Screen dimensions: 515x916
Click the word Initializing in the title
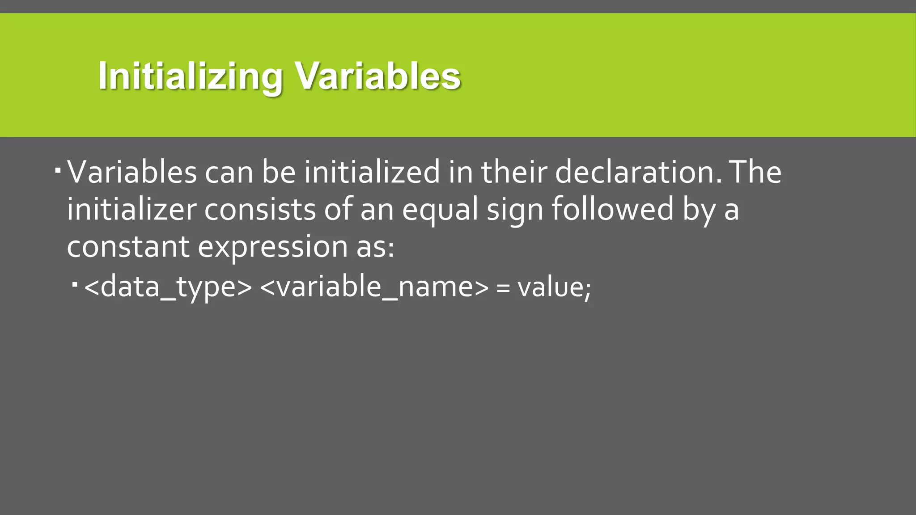(190, 76)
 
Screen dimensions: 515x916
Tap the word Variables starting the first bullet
(132, 172)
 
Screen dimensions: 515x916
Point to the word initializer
(131, 209)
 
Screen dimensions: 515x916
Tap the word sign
(514, 209)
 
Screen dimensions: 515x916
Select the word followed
(612, 209)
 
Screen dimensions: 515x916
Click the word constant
(128, 247)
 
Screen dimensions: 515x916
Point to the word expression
(272, 247)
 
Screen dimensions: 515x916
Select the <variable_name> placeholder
(374, 287)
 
